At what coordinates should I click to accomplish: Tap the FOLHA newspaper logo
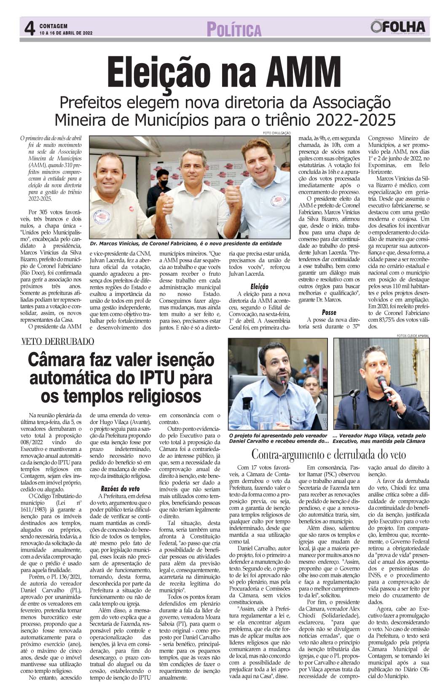[x=398, y=27]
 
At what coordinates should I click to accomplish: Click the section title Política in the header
[x=234, y=30]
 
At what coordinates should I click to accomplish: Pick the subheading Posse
[x=329, y=312]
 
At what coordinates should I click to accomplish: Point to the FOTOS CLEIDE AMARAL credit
[x=413, y=336]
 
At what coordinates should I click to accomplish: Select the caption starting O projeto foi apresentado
[x=278, y=438]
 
